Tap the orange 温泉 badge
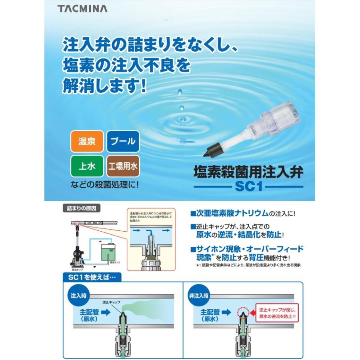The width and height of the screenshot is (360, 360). (87, 142)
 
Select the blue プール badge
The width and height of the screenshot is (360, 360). (123, 142)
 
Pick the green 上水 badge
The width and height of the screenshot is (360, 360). (87, 166)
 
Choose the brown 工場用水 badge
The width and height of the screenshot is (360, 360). (123, 166)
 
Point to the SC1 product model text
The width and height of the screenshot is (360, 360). (248, 187)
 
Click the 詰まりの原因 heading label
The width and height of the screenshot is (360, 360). (82, 208)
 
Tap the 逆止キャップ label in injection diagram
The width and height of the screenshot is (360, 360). (111, 302)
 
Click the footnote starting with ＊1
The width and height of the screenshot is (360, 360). (248, 265)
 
